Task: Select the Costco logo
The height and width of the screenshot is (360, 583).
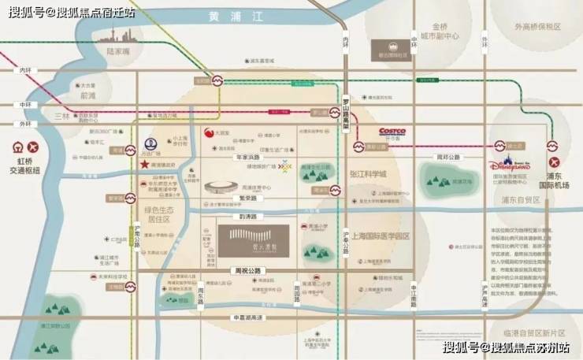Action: (392, 133)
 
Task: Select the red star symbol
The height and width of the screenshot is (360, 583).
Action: (145, 165)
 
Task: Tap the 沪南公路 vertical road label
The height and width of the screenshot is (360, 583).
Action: (138, 233)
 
